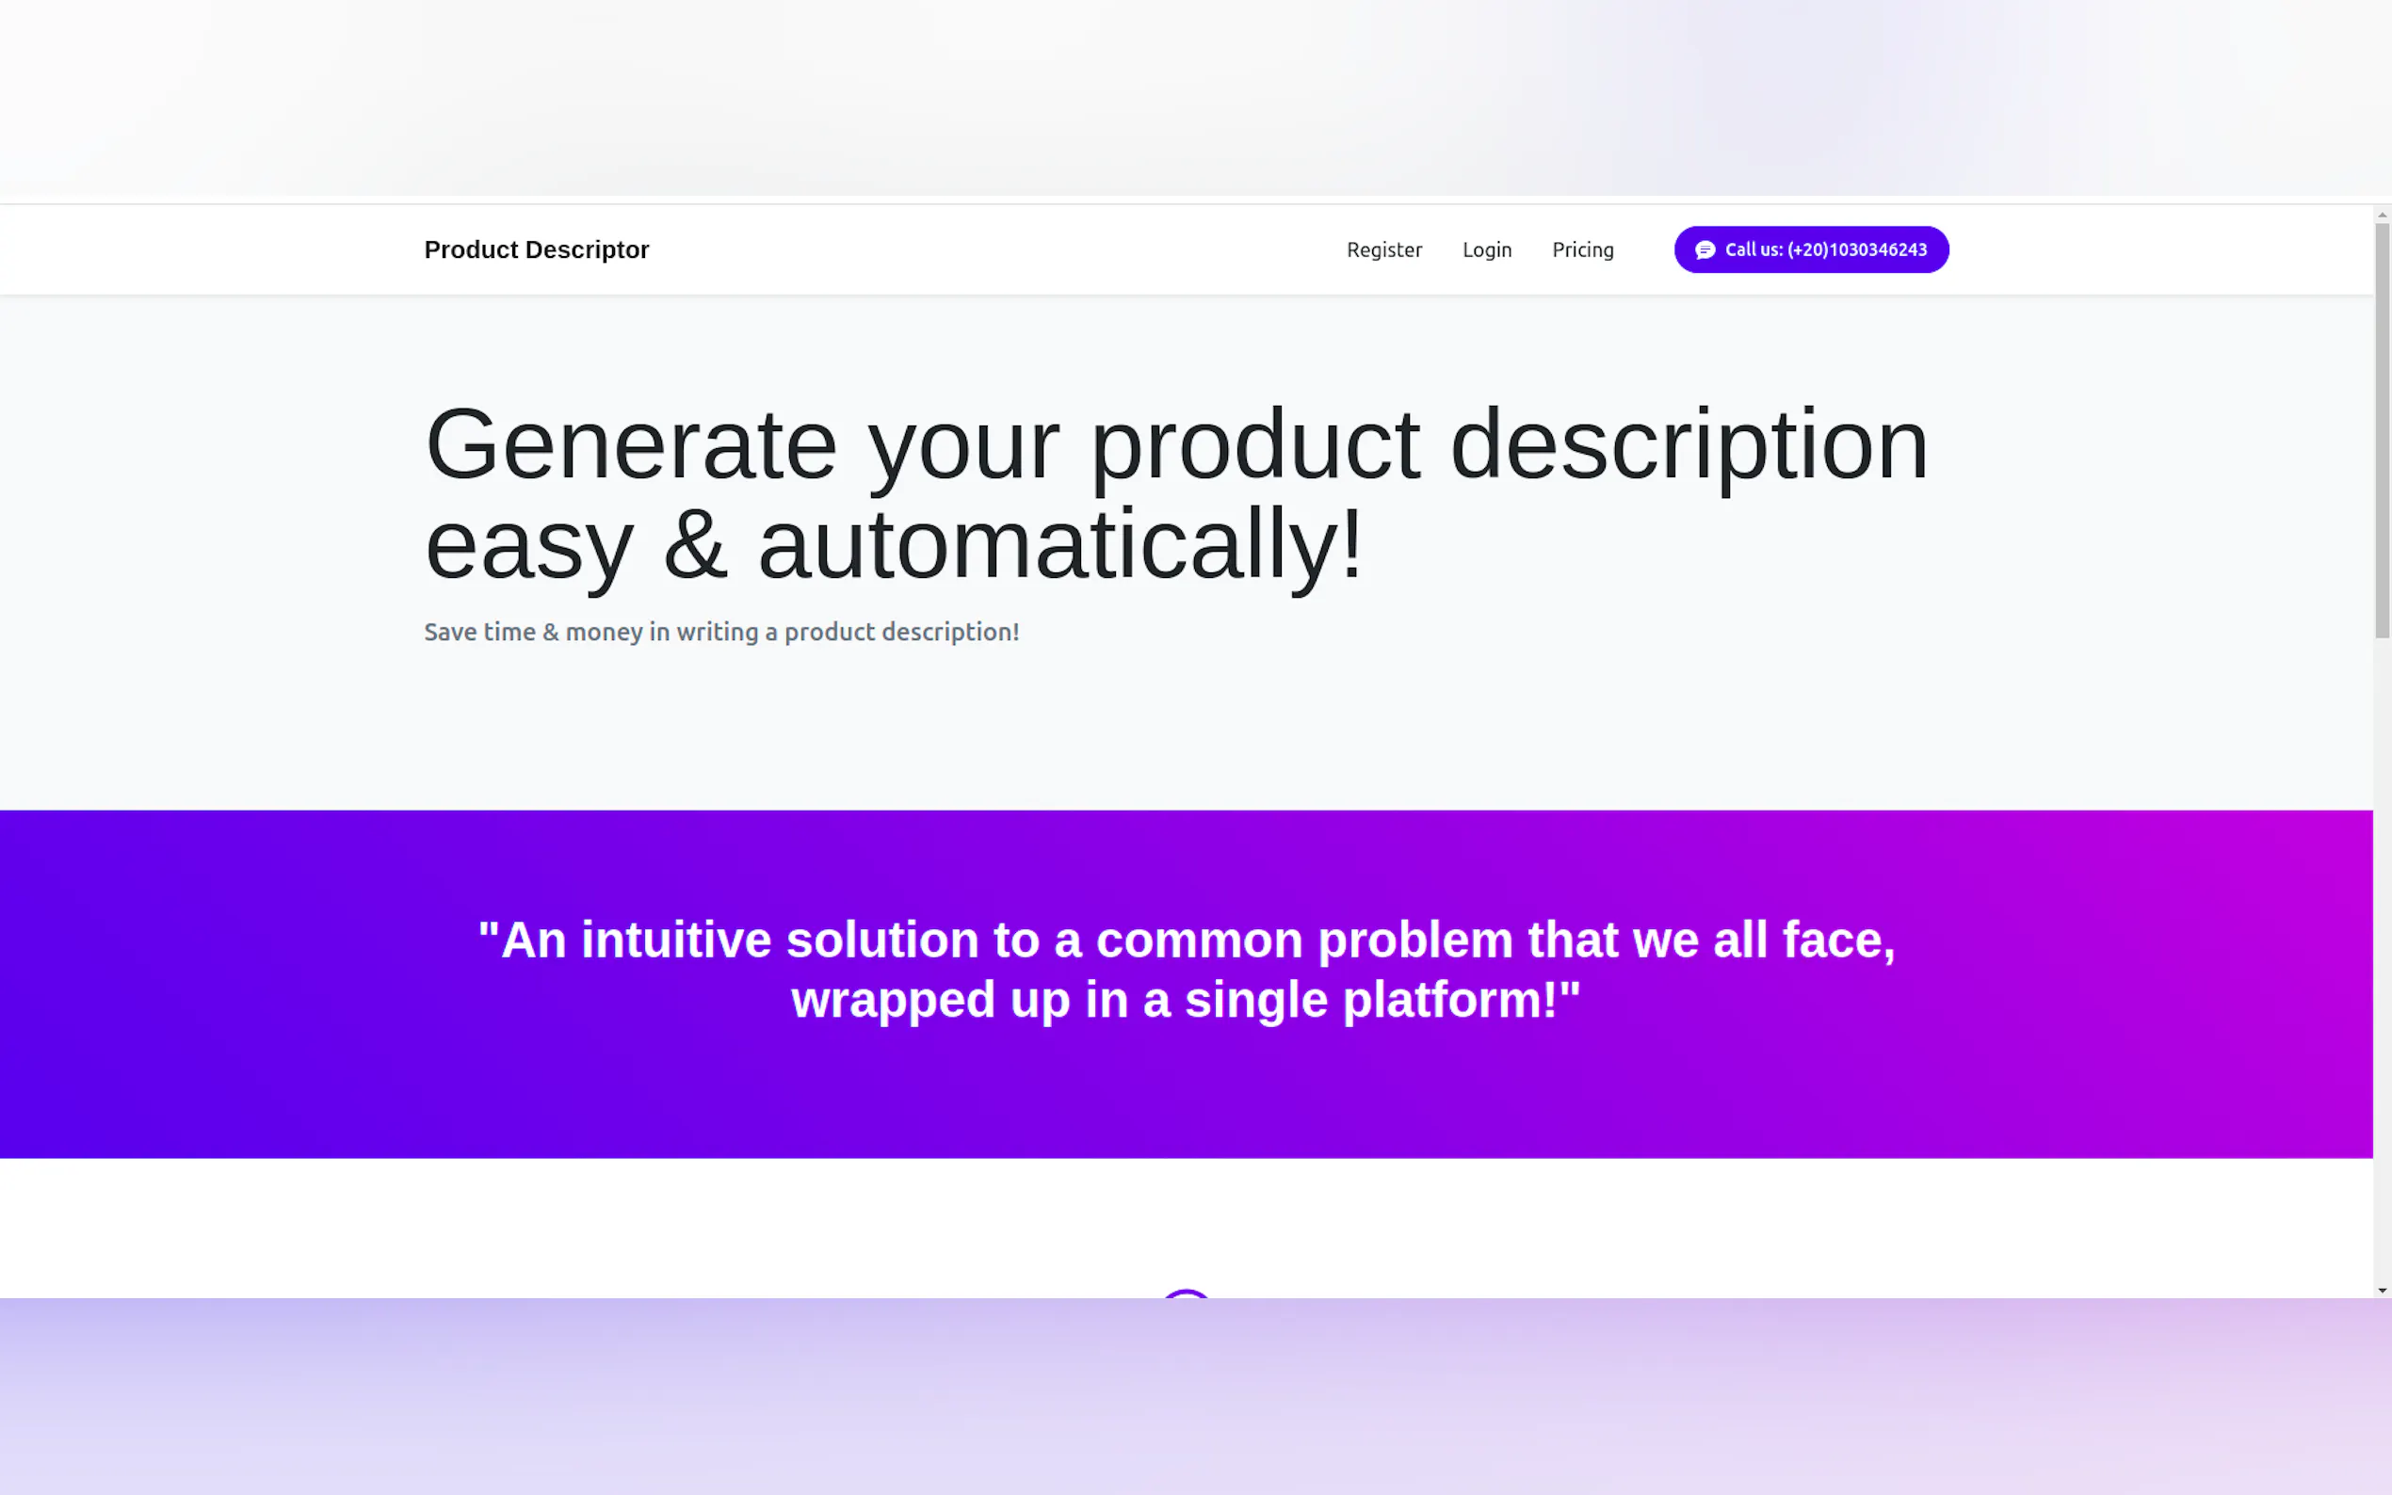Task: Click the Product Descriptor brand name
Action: click(x=536, y=249)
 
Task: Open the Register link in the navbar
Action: click(x=1383, y=249)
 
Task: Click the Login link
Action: click(x=1486, y=250)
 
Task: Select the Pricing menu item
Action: click(x=1582, y=250)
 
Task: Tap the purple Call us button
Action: click(x=1811, y=249)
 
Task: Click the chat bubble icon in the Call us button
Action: click(x=1705, y=250)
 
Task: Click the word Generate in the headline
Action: click(x=631, y=445)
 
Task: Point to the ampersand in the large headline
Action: click(x=695, y=545)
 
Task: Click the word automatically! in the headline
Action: click(x=1060, y=545)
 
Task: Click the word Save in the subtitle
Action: click(x=451, y=632)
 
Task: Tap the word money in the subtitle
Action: click(x=604, y=633)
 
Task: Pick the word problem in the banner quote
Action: click(x=1415, y=940)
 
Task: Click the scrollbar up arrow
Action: click(x=2382, y=215)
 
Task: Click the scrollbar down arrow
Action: click(x=2382, y=1291)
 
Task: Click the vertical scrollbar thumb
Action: click(x=2382, y=431)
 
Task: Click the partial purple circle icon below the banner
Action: click(x=1186, y=1294)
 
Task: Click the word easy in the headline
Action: click(x=529, y=549)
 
